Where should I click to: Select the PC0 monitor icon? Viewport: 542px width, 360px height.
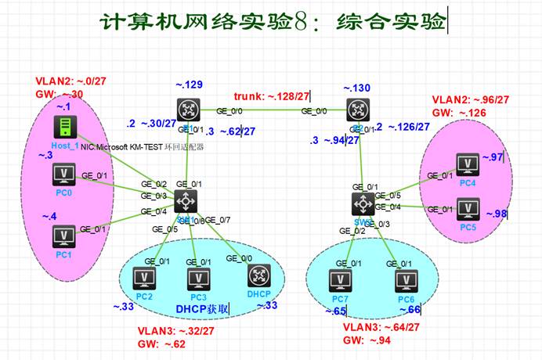[63, 173]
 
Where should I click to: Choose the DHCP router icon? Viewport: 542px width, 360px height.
[258, 277]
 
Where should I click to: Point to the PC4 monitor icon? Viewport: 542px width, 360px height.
[468, 164]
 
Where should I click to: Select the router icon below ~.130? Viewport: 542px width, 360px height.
[360, 110]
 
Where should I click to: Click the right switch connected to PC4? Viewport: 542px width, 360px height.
[361, 203]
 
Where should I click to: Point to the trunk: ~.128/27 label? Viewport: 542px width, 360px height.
[273, 95]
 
